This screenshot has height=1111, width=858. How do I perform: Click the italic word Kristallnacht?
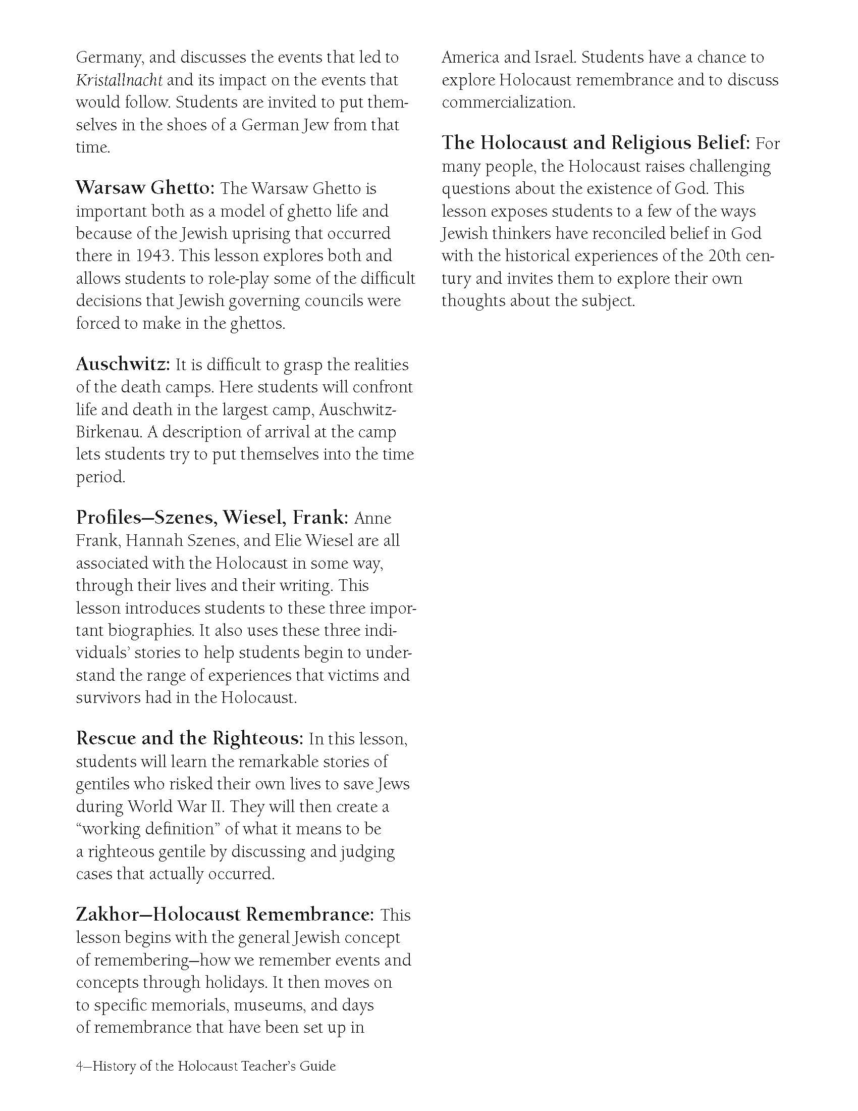(120, 80)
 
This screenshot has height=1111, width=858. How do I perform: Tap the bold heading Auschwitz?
(123, 365)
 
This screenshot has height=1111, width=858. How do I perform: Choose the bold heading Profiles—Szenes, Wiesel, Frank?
(212, 518)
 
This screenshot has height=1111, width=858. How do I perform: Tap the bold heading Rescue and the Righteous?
(190, 739)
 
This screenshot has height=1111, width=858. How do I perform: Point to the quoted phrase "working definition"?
(147, 829)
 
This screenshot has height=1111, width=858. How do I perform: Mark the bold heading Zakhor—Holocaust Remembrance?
(225, 915)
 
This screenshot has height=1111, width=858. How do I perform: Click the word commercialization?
(508, 103)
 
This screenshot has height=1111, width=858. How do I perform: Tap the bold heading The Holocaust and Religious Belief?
(596, 143)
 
